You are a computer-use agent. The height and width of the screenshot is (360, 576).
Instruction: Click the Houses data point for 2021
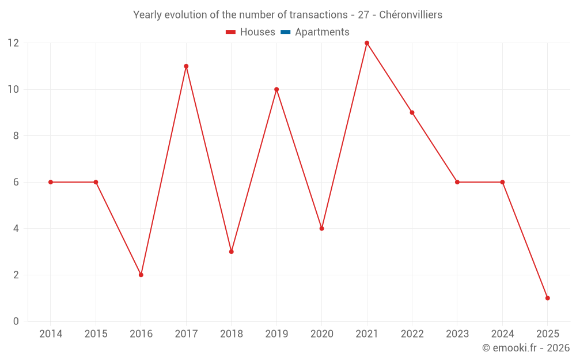367,43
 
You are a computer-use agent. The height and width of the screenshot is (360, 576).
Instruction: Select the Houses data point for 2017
186,66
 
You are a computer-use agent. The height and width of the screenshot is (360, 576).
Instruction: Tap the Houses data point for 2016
141,275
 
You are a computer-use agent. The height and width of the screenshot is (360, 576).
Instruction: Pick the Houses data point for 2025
547,298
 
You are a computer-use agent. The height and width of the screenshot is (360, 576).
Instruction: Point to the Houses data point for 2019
276,89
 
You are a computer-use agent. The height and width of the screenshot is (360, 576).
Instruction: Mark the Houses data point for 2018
232,252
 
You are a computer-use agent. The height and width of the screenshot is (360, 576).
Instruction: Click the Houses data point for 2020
321,229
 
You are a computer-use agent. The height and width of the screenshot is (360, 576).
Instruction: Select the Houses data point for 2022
412,112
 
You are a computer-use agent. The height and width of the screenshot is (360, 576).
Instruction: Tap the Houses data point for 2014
51,182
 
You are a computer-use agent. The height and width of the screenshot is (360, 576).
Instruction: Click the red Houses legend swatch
231,32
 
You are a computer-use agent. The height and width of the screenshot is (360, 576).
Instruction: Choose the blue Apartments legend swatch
285,32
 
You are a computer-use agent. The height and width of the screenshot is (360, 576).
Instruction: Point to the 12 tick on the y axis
13,43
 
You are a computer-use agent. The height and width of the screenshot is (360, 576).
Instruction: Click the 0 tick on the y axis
16,321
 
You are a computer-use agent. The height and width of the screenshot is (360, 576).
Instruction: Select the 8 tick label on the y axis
16,136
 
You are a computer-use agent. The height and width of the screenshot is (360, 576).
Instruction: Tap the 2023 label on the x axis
457,334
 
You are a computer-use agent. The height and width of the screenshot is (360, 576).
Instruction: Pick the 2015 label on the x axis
96,334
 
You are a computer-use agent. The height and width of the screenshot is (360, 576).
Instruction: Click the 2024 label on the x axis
502,334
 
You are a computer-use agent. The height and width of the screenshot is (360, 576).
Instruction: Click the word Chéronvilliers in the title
411,15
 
